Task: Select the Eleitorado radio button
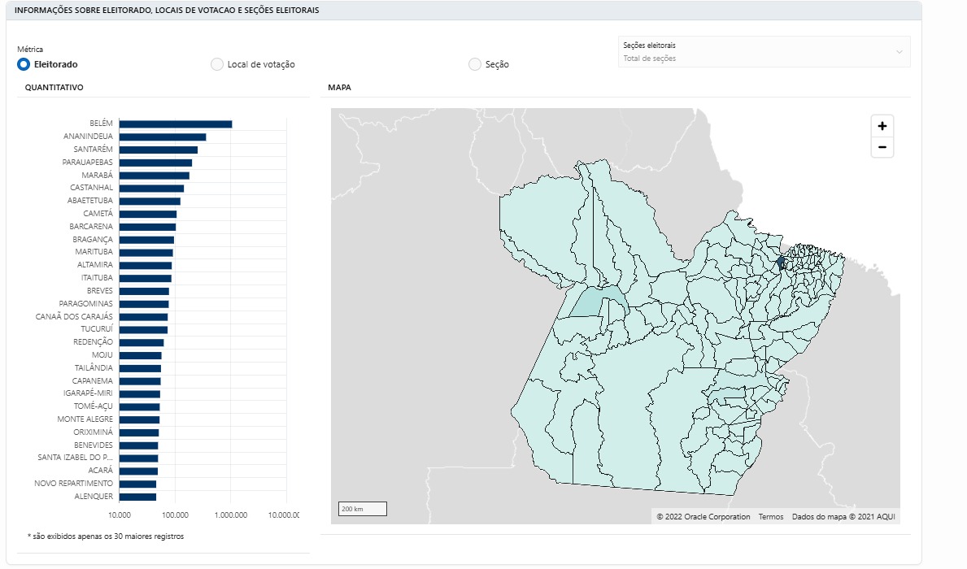(x=24, y=64)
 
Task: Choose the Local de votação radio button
(x=217, y=64)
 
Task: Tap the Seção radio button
(x=475, y=64)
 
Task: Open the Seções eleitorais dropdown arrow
(x=899, y=52)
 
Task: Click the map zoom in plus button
(x=882, y=126)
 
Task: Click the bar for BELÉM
(x=176, y=124)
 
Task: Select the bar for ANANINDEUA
(x=163, y=137)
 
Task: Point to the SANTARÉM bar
(x=159, y=150)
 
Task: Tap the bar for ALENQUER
(x=137, y=497)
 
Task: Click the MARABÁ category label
(x=98, y=175)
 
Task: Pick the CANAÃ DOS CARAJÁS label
(x=74, y=316)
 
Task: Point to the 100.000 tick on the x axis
(x=175, y=515)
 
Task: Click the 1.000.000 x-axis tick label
(x=231, y=515)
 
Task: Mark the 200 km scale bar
(x=363, y=509)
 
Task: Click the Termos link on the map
(x=771, y=517)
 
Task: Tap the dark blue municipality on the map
(x=781, y=262)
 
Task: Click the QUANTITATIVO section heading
(x=54, y=88)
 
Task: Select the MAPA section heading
(x=339, y=88)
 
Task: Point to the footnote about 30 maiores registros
(x=106, y=536)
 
